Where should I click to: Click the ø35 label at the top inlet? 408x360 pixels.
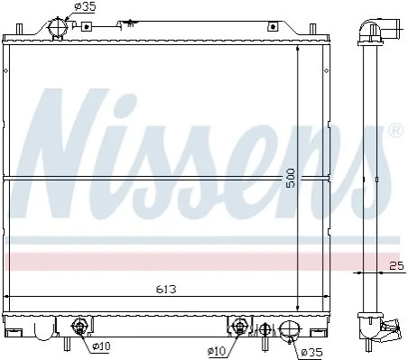85,6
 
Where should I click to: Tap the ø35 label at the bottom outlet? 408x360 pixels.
311,352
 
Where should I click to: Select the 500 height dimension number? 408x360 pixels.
291,179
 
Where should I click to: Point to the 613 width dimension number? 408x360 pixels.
166,290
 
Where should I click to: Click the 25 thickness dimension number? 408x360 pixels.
396,265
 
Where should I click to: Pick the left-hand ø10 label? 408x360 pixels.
101,346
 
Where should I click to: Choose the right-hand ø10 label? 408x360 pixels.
216,351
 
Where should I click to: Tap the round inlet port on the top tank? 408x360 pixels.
58,28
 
